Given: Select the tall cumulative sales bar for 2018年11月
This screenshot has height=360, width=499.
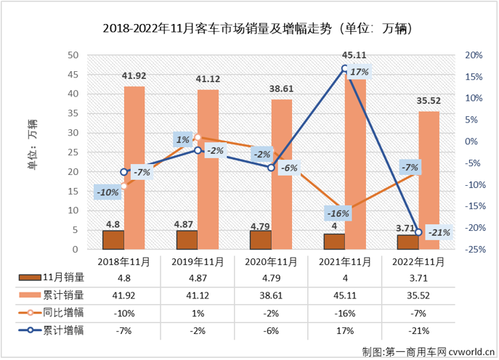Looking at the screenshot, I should tap(134, 167).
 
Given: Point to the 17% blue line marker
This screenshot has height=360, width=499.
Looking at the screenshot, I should tap(345, 69).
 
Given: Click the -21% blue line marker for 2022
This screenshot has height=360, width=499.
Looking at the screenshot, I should tap(418, 232).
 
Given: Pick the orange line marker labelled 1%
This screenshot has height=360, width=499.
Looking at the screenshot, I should tap(198, 137).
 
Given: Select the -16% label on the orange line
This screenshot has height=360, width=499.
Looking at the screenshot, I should tap(338, 213).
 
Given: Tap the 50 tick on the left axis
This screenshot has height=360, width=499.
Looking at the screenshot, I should tap(73, 55).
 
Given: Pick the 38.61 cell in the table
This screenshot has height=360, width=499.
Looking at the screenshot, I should tap(271, 295).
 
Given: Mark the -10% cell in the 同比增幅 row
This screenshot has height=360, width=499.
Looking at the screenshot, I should tap(124, 314).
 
